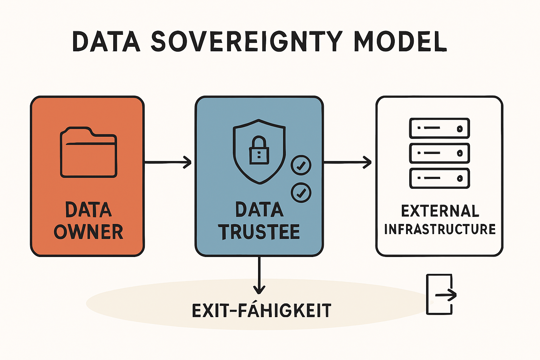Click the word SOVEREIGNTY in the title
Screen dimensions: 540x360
tap(246, 41)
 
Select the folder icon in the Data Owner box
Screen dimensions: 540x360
tap(89, 152)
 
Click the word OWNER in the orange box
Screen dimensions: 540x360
tap(89, 232)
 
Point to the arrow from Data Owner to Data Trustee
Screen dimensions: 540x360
tap(168, 162)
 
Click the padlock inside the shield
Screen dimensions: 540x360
tap(259, 150)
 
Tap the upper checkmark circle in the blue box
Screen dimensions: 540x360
tap(301, 165)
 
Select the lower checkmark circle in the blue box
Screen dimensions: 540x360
tap(301, 192)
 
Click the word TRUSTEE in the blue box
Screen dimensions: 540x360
tap(259, 232)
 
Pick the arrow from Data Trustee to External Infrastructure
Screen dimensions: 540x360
tap(347, 162)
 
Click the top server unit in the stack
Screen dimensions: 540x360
tap(439, 128)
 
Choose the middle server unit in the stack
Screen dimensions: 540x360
tap(439, 153)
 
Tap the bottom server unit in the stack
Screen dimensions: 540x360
tap(439, 178)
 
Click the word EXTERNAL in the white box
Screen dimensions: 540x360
tap(440, 211)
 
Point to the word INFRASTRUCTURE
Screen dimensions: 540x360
tap(440, 229)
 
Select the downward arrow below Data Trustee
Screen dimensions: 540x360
tap(259, 275)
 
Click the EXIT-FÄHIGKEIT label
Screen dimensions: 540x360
tap(262, 310)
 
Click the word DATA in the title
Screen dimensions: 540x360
tap(106, 41)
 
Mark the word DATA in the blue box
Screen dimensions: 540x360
tap(259, 209)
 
